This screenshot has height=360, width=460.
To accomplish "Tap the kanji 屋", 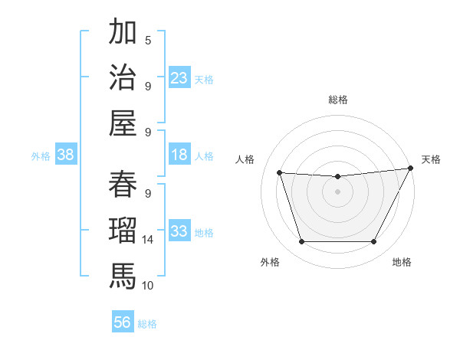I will tap(122, 120).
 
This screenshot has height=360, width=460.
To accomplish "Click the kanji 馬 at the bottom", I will tap(122, 273).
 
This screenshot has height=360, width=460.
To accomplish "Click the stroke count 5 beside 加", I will tap(148, 41).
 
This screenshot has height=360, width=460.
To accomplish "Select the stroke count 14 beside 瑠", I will tap(148, 240).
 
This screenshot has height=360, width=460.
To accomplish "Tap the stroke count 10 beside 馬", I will tap(148, 285).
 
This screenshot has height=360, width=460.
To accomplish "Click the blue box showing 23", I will tap(179, 77).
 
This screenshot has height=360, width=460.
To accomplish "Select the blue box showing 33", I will tap(179, 231).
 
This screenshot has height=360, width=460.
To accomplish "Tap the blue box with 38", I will tap(66, 155).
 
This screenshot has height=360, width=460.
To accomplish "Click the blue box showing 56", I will tap(123, 322).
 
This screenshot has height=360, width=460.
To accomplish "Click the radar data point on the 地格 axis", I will tap(374, 242).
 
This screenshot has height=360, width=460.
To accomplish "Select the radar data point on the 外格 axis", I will tap(301, 242).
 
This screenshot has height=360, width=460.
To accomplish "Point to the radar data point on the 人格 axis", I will tap(280, 173).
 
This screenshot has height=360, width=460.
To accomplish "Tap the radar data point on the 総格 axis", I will tap(337, 177).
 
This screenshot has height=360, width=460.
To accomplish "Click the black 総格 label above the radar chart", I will tap(337, 100).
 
